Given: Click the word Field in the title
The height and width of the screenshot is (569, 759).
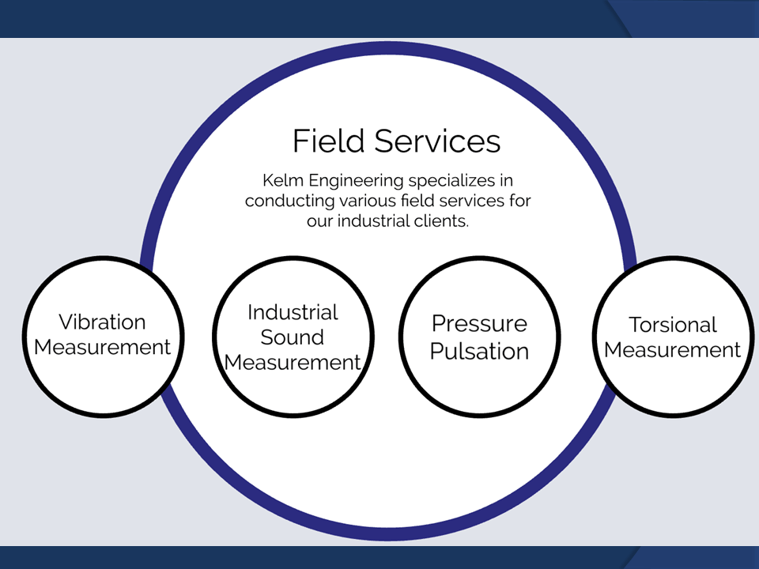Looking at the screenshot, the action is (329, 141).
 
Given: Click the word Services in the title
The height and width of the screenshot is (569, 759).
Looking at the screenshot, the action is (437, 141).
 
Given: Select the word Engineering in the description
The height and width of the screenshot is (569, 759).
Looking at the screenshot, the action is (356, 181).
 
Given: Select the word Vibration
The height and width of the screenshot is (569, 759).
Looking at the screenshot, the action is (102, 322).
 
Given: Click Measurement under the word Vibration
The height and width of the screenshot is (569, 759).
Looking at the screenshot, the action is (102, 348).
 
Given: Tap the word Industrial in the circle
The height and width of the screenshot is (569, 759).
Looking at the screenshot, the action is (293, 313).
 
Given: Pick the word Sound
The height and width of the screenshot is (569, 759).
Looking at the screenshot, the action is (293, 337).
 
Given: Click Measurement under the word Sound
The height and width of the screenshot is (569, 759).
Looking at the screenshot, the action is (293, 363).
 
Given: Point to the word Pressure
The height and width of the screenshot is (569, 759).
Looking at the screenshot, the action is (479, 324).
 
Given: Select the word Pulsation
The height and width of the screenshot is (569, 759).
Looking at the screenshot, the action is (479, 351).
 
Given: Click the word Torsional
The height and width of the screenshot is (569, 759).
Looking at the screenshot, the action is (672, 325).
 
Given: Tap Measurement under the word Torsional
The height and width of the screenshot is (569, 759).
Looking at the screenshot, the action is (672, 350).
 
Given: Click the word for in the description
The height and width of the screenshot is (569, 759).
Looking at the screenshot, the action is (520, 200).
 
